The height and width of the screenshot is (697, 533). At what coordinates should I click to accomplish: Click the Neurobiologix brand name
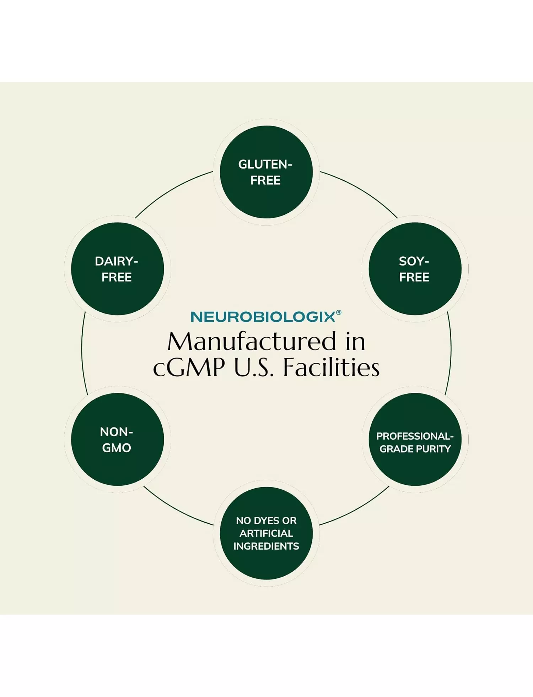click(263, 317)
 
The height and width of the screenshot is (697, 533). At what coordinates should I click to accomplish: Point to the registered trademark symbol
click(339, 312)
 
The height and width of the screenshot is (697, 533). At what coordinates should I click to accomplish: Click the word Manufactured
click(252, 342)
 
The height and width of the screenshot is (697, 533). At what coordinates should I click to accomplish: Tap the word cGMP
click(189, 367)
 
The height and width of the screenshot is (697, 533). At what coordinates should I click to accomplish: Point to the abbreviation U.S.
click(254, 367)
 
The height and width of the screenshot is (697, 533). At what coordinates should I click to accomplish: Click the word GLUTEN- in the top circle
click(265, 164)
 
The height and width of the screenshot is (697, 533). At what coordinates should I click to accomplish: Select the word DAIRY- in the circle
click(116, 261)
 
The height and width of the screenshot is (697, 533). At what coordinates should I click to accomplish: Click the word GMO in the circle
click(117, 448)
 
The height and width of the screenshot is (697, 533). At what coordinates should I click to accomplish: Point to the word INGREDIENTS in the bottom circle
click(266, 546)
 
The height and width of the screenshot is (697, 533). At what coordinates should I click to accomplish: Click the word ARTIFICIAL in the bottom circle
click(266, 533)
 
